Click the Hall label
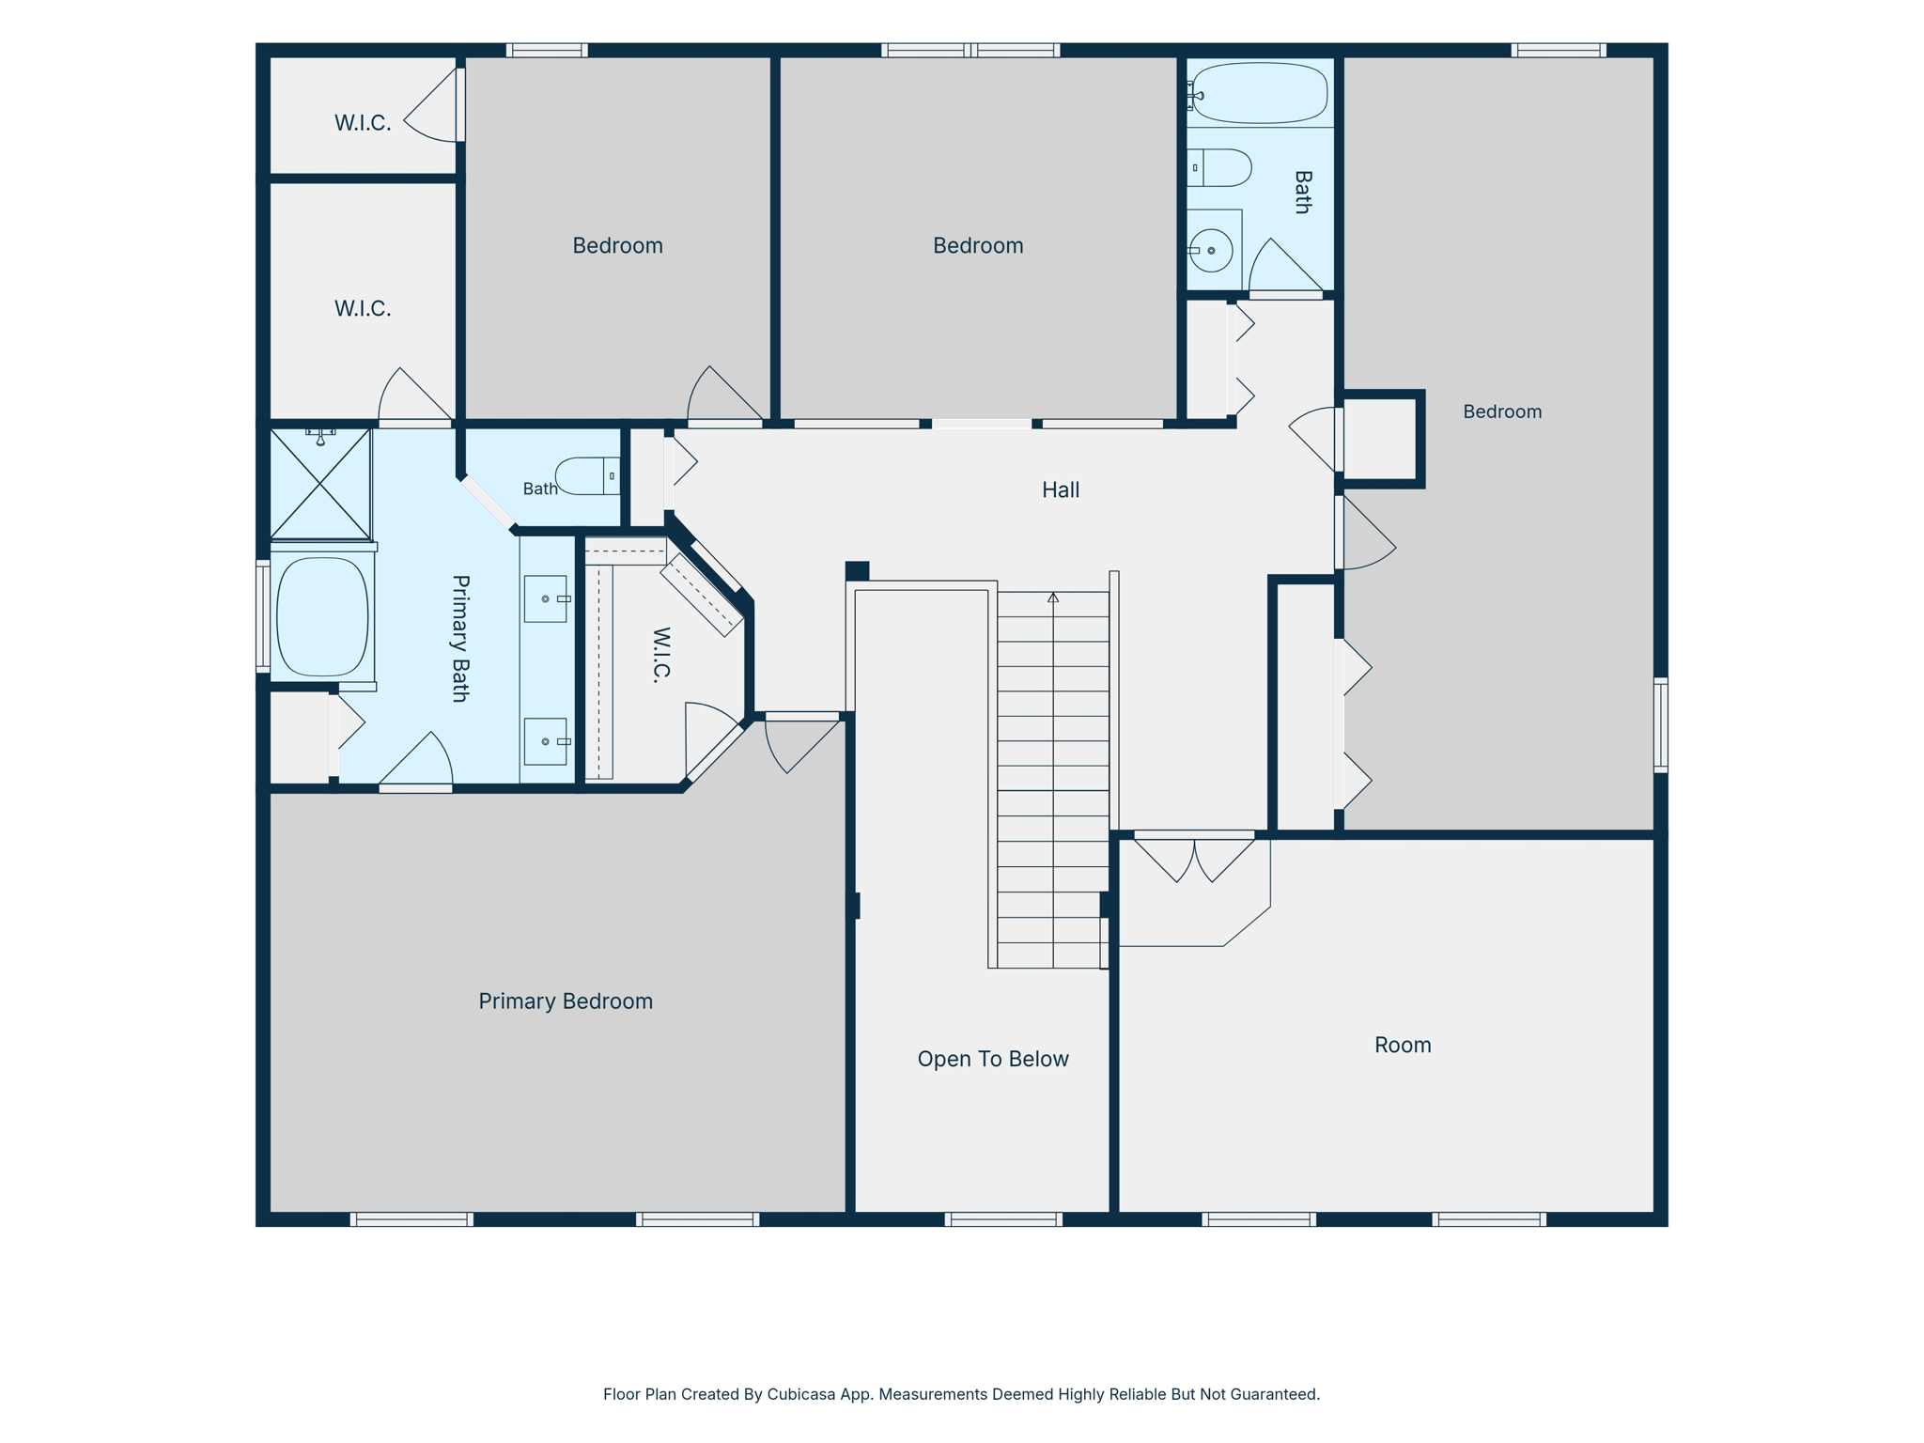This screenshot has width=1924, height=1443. point(1061,489)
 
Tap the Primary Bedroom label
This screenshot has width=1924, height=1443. point(566,1001)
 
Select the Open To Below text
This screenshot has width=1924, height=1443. point(993,1059)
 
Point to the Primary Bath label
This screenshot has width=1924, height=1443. point(460,639)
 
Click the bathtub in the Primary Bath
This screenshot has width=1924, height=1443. point(322,617)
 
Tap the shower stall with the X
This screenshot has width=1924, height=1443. point(320,484)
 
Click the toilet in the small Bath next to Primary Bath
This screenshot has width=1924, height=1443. point(588,476)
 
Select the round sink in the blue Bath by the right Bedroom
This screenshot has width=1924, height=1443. point(1211,251)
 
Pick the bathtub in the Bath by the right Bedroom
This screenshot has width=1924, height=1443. point(1259,93)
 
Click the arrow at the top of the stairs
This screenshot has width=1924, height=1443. point(1053,597)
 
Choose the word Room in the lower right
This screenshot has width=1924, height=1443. point(1403,1045)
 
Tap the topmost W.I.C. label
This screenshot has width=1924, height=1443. point(363,123)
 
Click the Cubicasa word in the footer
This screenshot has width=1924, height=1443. point(801,1394)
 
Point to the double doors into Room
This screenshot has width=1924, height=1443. point(1194,856)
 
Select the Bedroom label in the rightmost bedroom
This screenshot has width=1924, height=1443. point(1502,411)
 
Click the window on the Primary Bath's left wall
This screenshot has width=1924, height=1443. point(263,616)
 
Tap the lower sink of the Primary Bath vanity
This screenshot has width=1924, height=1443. point(546,741)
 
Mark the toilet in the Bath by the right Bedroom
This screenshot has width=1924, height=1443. point(1219,167)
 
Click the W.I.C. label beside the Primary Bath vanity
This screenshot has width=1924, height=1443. point(661,654)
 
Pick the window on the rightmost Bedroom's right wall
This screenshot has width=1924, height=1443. point(1660,725)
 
